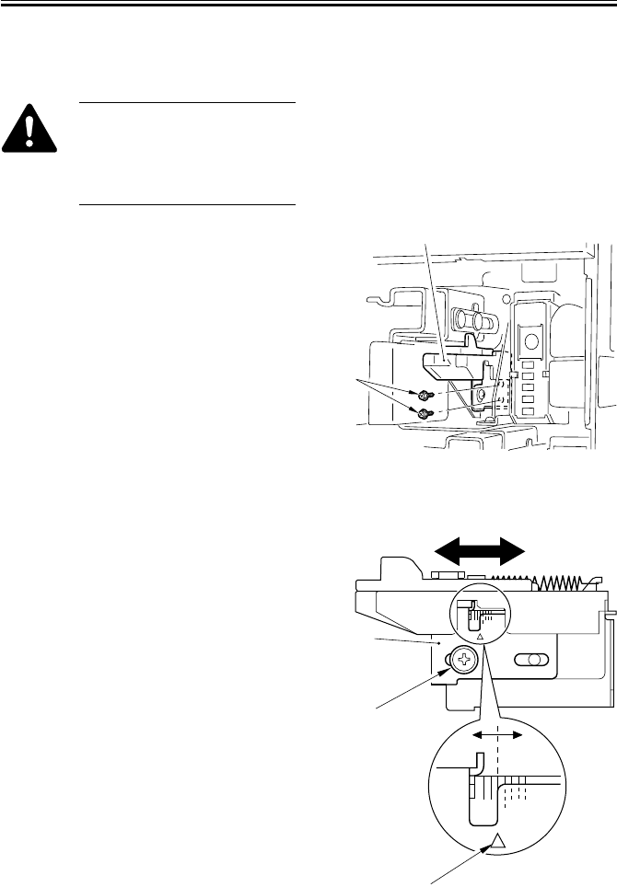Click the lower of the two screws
point(425,413)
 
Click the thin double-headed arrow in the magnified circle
point(497,736)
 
